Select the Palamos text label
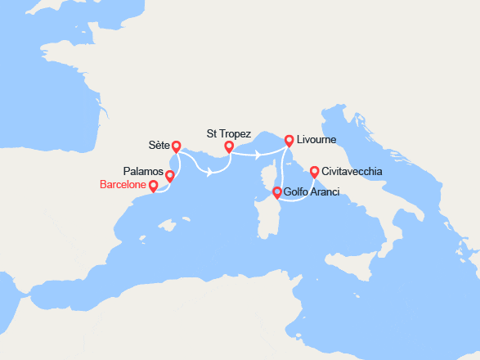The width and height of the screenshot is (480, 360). (143, 172)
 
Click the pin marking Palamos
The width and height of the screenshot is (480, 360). (170, 176)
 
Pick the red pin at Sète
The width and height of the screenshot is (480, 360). (177, 147)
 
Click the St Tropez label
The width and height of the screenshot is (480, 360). (229, 133)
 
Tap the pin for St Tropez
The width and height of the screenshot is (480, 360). (229, 147)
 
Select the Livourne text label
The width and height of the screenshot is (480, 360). (316, 141)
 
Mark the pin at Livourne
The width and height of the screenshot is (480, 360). (289, 140)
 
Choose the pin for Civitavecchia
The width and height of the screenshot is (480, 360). (315, 172)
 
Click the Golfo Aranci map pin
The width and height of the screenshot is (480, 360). (276, 193)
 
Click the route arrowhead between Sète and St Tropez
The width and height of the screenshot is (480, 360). (212, 172)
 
